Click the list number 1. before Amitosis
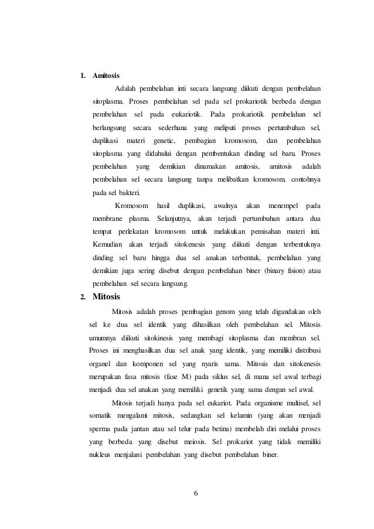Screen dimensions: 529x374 coord(83,76)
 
